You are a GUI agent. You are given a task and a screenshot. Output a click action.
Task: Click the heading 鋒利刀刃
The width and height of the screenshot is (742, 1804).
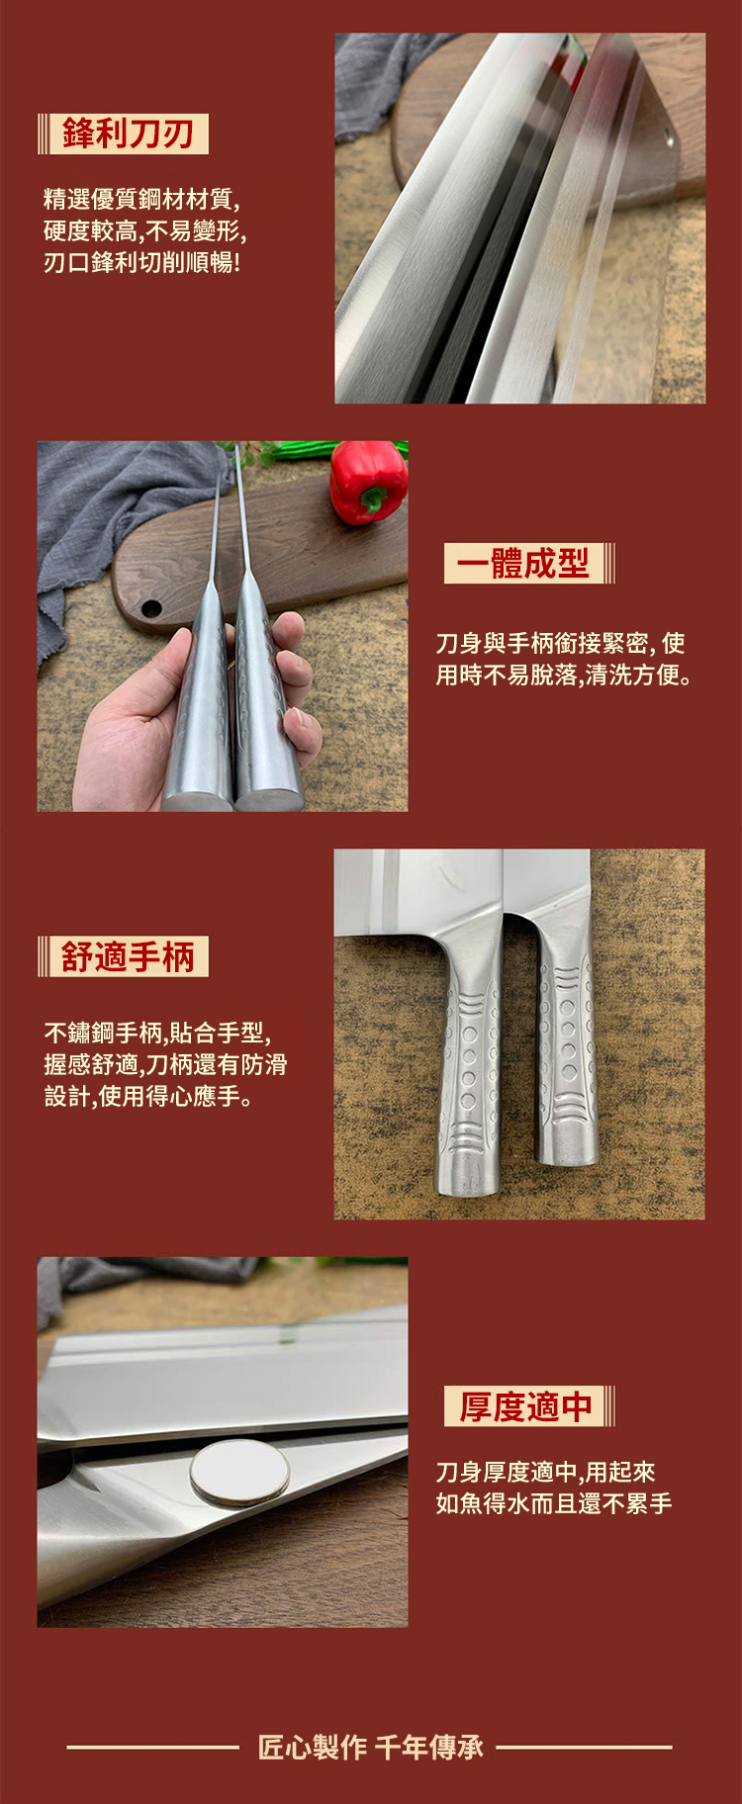pos(128,134)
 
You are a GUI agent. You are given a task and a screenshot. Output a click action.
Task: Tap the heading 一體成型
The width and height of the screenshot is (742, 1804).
pos(522,563)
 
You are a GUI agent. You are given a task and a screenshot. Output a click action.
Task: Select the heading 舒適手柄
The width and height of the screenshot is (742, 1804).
pos(128,956)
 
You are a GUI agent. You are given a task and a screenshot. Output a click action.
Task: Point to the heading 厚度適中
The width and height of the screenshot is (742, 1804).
pos(525,1405)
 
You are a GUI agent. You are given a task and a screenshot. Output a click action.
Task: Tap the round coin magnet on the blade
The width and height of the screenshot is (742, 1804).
pos(239,1472)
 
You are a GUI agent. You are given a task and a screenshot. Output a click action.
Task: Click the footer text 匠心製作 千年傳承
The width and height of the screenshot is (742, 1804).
pos(371,1747)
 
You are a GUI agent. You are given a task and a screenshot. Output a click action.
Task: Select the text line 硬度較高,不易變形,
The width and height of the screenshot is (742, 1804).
pos(144,230)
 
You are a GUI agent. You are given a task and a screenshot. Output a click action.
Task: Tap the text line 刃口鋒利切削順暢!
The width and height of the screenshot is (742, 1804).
pos(141,262)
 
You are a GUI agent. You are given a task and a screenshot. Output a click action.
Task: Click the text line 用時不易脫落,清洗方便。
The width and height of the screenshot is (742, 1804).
pos(565,676)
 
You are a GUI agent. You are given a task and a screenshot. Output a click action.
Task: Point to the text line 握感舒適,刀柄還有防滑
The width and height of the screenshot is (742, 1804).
pos(165,1064)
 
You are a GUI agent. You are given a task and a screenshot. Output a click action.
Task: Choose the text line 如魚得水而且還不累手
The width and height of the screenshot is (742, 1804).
pos(554,1503)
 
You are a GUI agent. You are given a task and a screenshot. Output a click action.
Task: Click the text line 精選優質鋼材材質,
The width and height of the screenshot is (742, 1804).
pos(141,199)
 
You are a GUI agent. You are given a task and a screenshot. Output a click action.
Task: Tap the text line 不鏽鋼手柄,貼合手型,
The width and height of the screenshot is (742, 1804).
pos(157,1033)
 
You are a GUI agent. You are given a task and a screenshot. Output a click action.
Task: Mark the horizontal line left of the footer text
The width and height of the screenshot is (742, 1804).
pos(153,1748)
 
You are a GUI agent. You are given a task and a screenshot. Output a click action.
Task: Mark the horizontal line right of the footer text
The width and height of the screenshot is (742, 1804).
pos(585,1748)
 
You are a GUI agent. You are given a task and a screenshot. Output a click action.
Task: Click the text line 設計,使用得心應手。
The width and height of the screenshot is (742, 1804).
pos(148,1096)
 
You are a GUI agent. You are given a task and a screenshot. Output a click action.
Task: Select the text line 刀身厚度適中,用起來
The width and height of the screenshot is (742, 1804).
pos(546,1472)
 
